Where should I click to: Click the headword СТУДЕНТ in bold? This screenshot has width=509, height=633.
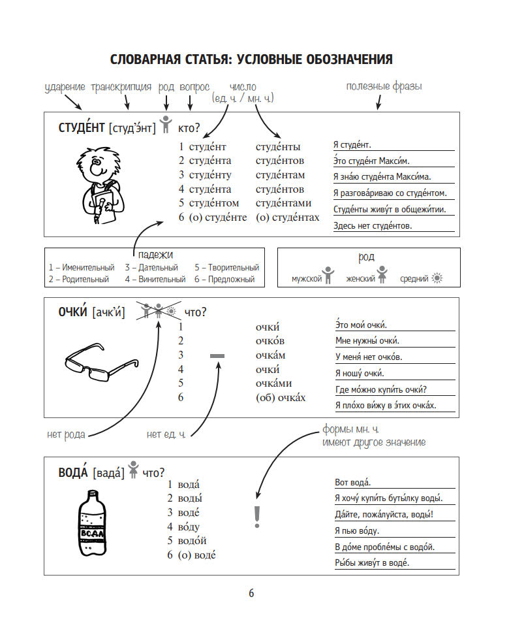pos(82,128)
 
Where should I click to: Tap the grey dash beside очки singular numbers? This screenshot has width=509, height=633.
pos(217,355)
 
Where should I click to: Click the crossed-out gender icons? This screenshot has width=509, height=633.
pos(159,312)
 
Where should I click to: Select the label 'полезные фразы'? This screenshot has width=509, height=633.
pos(384,86)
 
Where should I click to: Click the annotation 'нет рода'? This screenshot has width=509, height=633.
pos(66,434)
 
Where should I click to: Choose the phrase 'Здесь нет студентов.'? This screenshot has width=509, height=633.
pos(372,226)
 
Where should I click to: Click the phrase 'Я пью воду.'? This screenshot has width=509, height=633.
pos(356,531)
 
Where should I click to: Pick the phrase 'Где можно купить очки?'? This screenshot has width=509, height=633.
pos(385,391)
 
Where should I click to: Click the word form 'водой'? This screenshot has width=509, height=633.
pos(192,541)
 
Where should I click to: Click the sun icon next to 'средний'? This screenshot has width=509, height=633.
pos(437,278)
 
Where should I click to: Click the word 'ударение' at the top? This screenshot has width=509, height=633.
pos(65,87)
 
